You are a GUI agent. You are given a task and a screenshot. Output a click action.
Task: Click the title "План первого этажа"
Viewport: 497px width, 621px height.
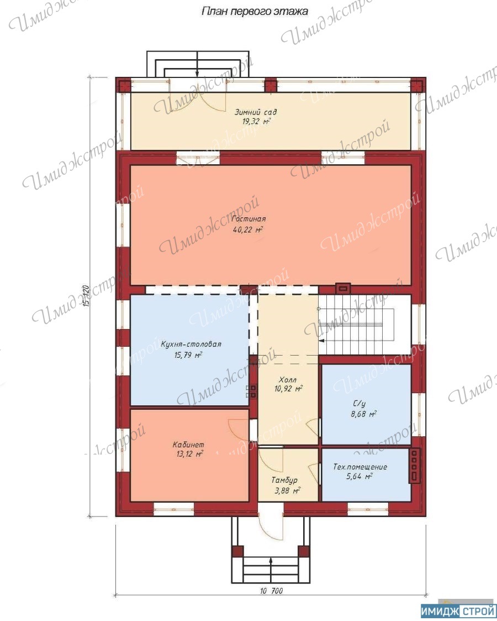(255, 12)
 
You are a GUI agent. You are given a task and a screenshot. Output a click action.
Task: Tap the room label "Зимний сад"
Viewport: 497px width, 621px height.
(256, 112)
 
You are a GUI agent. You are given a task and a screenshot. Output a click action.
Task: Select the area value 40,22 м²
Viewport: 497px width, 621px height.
(248, 229)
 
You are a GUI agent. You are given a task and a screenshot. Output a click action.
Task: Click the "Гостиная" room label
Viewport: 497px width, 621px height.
(248, 218)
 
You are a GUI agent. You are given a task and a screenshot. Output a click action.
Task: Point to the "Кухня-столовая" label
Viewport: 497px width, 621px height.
(191, 344)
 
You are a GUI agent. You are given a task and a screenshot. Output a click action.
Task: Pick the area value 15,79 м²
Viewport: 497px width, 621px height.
(188, 354)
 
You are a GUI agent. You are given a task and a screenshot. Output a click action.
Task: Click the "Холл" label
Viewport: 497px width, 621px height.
(288, 379)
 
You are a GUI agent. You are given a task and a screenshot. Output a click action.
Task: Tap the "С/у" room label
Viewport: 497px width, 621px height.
(359, 404)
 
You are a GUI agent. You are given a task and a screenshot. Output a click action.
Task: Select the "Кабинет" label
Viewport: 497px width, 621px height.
(189, 445)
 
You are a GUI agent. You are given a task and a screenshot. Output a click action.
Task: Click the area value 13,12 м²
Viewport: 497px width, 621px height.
(190, 454)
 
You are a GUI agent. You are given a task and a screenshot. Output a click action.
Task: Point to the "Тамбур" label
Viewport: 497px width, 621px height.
(284, 481)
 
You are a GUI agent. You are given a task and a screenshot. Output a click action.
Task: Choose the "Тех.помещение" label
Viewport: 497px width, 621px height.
(360, 467)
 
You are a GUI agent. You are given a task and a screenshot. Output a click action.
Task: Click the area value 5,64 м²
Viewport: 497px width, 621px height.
(359, 477)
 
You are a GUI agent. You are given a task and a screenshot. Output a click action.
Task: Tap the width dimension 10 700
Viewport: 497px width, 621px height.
(272, 591)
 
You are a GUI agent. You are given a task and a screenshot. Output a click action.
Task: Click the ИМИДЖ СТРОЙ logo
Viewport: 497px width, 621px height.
(458, 612)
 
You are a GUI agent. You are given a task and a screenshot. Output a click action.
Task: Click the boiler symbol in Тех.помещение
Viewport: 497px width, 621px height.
(415, 466)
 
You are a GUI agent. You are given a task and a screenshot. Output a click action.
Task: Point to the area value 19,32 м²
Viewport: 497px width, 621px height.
(256, 121)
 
